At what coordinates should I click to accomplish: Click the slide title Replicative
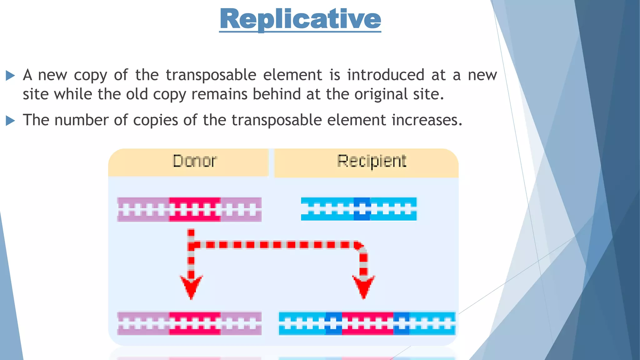coord(300,19)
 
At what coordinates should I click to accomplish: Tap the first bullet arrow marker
coord(10,75)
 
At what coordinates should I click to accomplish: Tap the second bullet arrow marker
coord(10,121)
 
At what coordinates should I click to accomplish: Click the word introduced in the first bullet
coord(385,75)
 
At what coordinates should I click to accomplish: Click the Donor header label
coord(194,161)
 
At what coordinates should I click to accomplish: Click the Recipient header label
coord(372,161)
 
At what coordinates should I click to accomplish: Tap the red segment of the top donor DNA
coord(195,209)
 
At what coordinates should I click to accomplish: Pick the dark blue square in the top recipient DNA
coord(362,209)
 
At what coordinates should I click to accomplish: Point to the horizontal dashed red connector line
coord(275,245)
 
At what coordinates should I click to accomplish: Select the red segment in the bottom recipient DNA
coord(367,323)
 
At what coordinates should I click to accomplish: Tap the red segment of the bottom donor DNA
coord(195,323)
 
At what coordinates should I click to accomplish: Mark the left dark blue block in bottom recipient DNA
coord(333,323)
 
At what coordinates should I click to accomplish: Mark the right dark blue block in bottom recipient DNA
coord(401,323)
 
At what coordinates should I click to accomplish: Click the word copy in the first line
coord(90,75)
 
